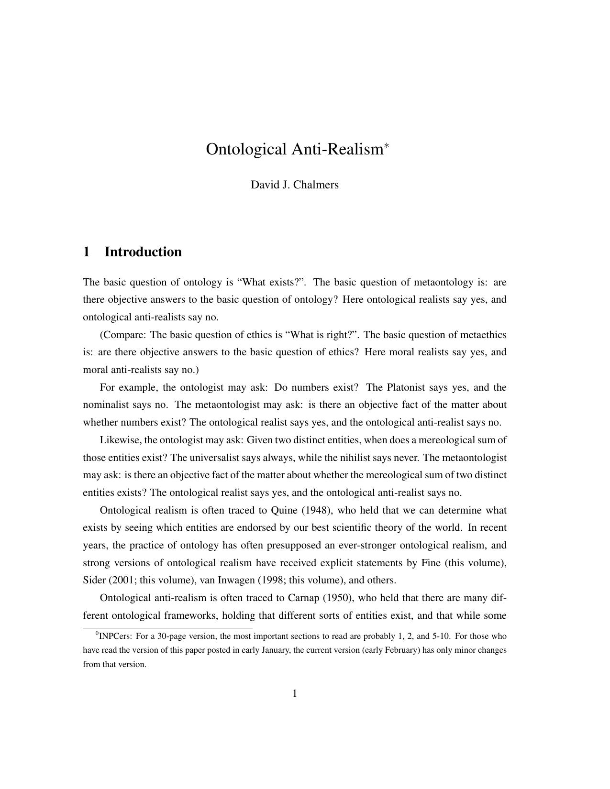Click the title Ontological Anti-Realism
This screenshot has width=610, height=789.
294,149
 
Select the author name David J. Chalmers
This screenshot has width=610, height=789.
294,185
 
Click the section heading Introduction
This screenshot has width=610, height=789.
143,252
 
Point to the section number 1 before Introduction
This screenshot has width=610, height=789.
87,252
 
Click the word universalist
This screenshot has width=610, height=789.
214,458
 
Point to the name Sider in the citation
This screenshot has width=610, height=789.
94,581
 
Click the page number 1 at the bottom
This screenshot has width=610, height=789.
295,693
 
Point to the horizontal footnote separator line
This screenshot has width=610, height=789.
167,628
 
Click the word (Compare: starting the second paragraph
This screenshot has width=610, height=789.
122,335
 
